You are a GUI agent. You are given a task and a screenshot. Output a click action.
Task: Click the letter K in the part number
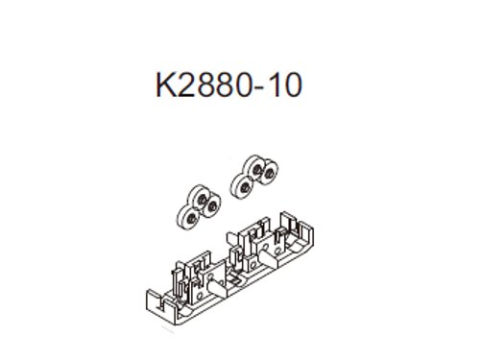coord(165,84)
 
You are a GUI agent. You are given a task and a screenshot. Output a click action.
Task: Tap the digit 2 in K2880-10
coord(186,84)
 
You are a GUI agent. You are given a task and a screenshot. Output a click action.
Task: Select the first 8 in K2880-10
coord(204,84)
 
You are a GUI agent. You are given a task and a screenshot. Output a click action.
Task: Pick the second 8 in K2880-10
coord(223,84)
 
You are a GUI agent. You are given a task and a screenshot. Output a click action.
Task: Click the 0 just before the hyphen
coord(241,84)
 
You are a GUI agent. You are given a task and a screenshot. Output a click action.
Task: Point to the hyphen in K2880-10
coord(257,88)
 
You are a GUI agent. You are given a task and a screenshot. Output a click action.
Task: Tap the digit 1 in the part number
coord(272,84)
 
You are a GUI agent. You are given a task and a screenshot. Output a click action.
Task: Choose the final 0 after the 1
coord(292,84)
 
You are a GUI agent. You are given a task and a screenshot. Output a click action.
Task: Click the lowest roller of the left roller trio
coord(187,218)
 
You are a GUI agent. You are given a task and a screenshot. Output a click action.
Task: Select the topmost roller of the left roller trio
coord(198,196)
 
